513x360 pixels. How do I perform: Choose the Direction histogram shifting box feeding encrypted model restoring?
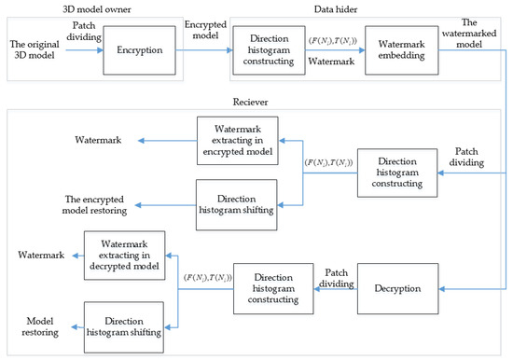[x=236, y=203]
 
